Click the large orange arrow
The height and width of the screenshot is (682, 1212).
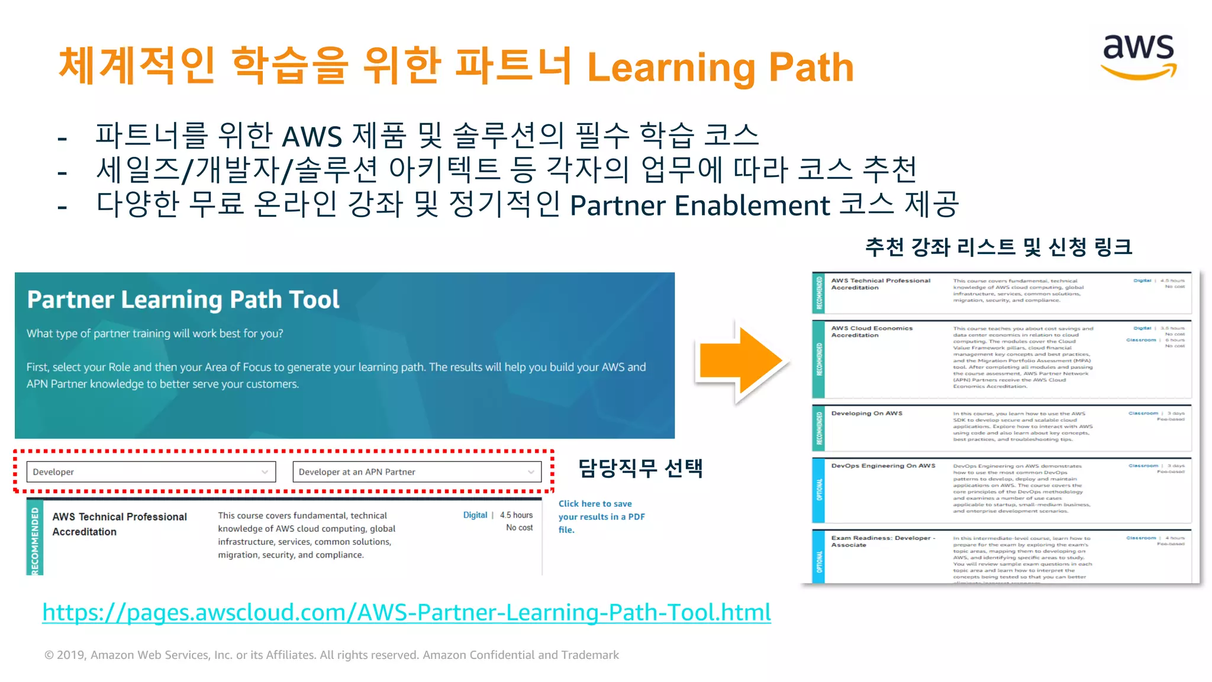pos(740,361)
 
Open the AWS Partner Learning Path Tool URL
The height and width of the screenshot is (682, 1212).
pos(407,612)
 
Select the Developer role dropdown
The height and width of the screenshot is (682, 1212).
pos(151,472)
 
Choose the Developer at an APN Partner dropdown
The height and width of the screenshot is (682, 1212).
pos(417,472)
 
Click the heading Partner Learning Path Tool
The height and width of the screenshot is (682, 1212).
pos(183,300)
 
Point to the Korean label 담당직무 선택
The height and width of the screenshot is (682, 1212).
pos(640,468)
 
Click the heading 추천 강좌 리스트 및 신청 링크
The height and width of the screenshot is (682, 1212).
pos(998,247)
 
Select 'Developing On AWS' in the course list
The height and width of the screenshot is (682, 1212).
pos(866,413)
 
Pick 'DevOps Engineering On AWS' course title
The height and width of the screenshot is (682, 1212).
pos(883,466)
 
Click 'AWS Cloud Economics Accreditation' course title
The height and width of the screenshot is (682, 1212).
pos(872,332)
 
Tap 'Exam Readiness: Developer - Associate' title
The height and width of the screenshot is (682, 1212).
pos(882,541)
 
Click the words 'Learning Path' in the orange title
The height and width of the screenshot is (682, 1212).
pos(720,67)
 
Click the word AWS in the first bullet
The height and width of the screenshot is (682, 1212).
pos(312,137)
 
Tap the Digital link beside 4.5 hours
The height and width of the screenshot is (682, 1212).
pos(475,515)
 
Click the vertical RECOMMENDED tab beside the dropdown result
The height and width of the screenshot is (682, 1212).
pos(35,539)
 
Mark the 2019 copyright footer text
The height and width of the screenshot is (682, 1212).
pos(331,655)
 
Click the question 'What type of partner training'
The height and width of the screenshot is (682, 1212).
pos(154,333)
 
